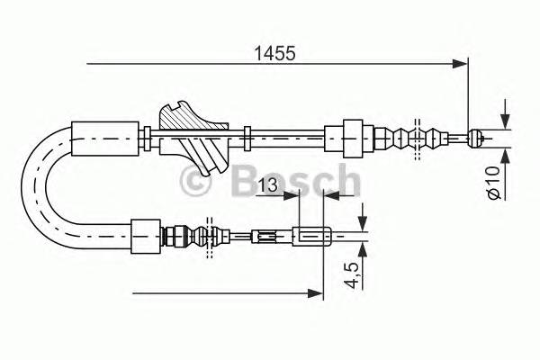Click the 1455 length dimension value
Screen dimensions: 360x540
(x=271, y=53)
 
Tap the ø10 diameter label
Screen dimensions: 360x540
(x=492, y=181)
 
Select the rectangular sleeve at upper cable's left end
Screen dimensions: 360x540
(x=105, y=136)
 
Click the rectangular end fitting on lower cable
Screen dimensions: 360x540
(x=309, y=238)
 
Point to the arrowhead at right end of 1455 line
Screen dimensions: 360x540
(x=463, y=63)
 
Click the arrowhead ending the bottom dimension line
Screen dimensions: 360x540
(x=316, y=292)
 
